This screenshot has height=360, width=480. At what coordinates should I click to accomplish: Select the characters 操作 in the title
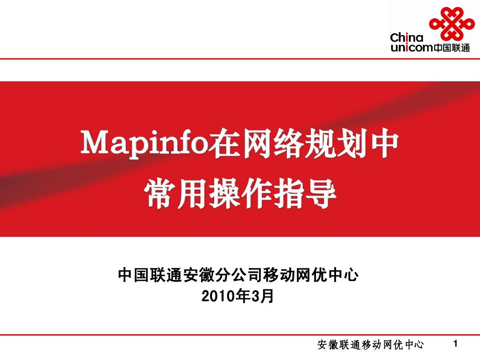[x=240, y=196]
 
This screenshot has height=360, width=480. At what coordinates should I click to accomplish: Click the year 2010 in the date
[x=219, y=296]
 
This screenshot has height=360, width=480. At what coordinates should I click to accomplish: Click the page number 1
[x=454, y=344]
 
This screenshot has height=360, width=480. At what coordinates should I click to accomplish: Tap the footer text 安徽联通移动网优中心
[x=370, y=344]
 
